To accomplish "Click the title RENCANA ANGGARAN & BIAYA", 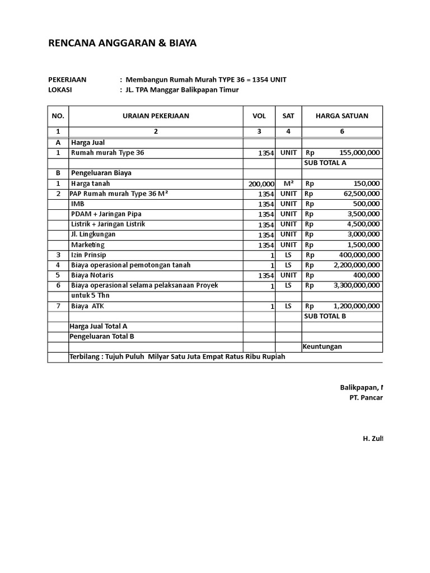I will coord(123,43).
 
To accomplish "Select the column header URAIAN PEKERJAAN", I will coord(156,116).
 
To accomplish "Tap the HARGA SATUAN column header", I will coord(342,116).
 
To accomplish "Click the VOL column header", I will coord(259,116).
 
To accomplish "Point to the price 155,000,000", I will coord(359,153).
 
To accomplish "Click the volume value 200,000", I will coord(261,184).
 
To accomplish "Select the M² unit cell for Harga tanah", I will coord(288,183).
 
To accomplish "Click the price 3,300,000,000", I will coord(356,285).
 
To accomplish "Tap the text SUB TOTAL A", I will coord(325,163).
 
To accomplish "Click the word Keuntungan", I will coord(322,346).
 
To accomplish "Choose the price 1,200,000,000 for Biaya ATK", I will coord(356,306).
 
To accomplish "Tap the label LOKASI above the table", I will coord(60,90).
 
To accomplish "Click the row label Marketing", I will coord(87,245).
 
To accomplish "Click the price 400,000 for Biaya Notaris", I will coord(366,275).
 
